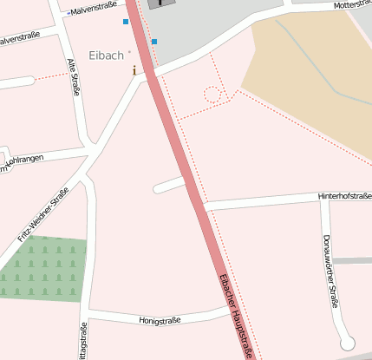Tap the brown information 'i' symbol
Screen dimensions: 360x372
coord(134,70)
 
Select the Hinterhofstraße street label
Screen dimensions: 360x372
coord(344,196)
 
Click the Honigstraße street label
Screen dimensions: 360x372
coord(160,320)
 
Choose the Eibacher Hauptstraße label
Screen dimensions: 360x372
coord(236,316)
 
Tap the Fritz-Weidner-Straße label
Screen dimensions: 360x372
coord(42,215)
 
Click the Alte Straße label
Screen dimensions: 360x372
coord(73,77)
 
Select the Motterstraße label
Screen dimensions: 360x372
coord(351,5)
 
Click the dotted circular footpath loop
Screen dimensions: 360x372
coord(212,94)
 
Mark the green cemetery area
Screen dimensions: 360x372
coord(43,269)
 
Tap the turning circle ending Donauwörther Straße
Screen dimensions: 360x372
coord(348,342)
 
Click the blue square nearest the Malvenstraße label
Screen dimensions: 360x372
coord(126,22)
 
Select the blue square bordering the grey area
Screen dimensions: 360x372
coord(154,42)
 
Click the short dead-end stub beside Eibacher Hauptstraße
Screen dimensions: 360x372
coord(168,185)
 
